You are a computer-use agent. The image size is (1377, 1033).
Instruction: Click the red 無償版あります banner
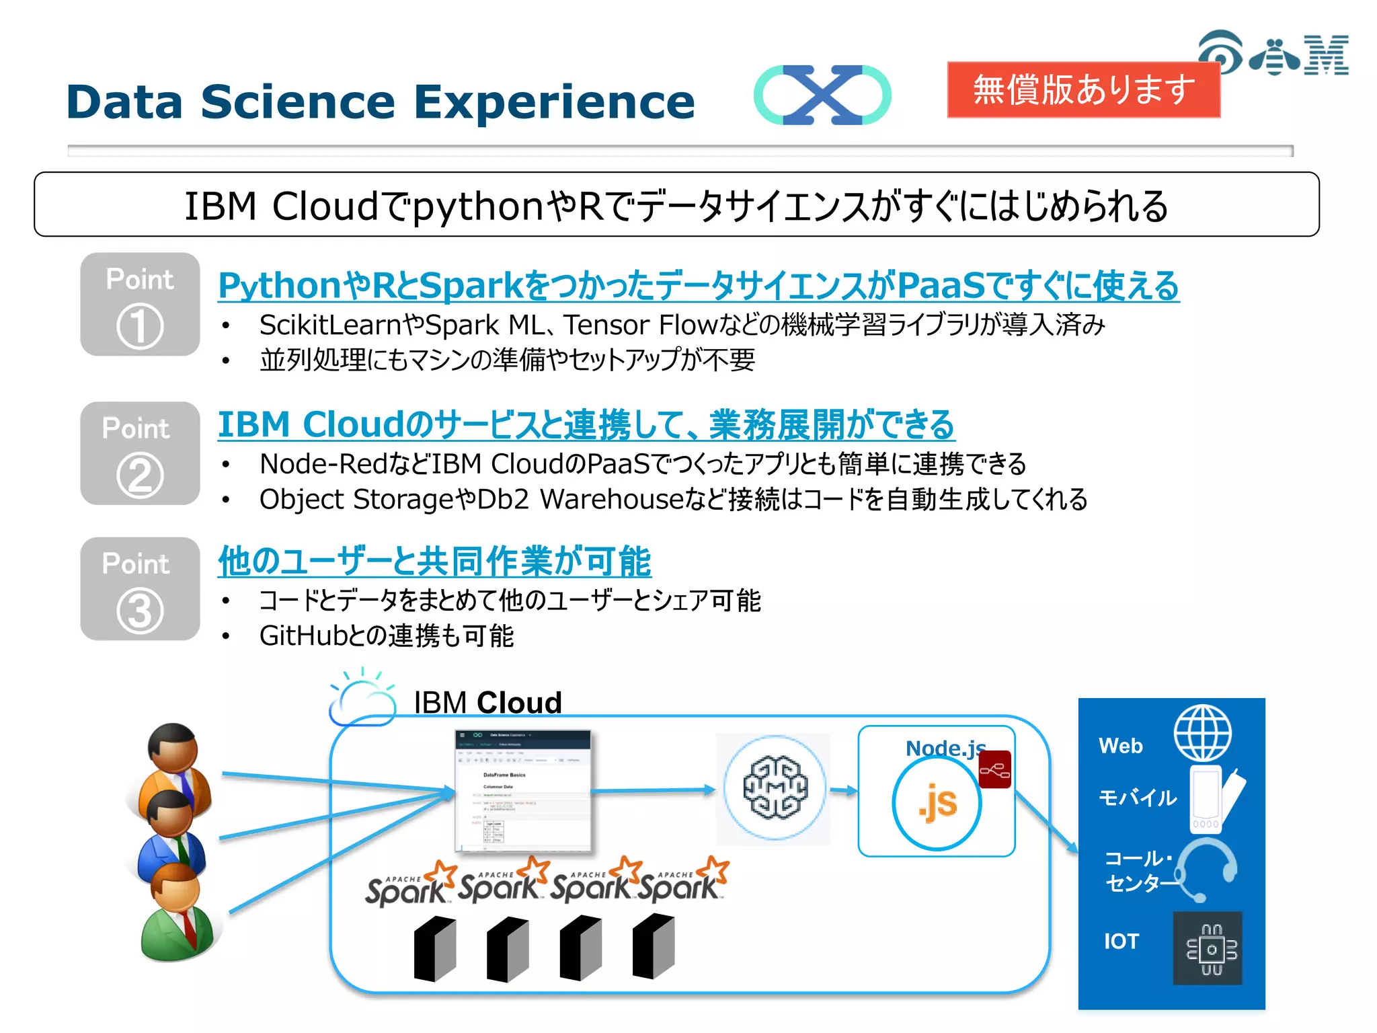[1083, 89]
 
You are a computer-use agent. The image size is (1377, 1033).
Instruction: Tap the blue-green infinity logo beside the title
[822, 95]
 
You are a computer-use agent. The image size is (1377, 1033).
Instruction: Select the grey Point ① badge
[140, 305]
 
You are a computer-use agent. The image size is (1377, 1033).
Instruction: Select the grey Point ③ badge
[140, 588]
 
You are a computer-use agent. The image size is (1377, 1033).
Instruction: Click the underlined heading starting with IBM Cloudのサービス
[586, 425]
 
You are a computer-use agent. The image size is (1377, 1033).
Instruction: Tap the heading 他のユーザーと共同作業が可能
[434, 562]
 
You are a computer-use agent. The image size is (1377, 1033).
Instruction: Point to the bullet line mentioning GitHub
[387, 636]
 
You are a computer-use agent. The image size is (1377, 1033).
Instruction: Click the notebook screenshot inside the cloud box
[523, 791]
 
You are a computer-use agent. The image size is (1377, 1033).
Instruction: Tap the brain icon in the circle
[775, 788]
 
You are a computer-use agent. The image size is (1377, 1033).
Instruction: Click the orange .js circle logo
[936, 803]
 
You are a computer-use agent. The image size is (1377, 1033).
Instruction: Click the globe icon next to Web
[1202, 733]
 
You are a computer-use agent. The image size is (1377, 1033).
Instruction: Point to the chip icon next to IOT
[1208, 948]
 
